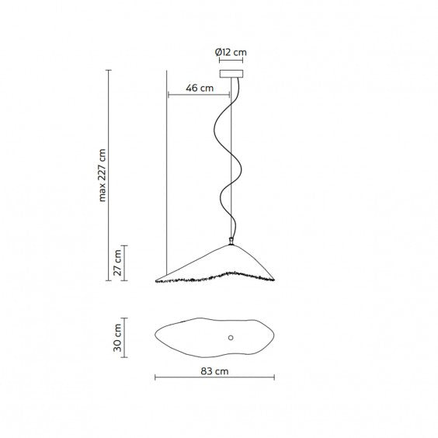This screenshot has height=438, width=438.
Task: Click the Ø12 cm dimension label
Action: (x=231, y=52)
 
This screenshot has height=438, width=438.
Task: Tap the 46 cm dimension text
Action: (x=200, y=88)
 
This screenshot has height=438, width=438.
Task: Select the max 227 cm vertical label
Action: (x=103, y=176)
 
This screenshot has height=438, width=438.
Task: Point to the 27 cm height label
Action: (x=117, y=262)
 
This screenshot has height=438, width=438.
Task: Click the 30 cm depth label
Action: (x=117, y=338)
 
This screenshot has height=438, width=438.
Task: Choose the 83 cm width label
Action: (x=214, y=371)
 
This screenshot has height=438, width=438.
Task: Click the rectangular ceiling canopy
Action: (x=231, y=74)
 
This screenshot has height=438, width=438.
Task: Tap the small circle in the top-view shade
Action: (x=231, y=338)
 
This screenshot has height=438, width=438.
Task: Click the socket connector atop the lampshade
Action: (x=231, y=241)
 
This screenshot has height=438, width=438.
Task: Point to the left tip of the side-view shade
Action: (x=156, y=281)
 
